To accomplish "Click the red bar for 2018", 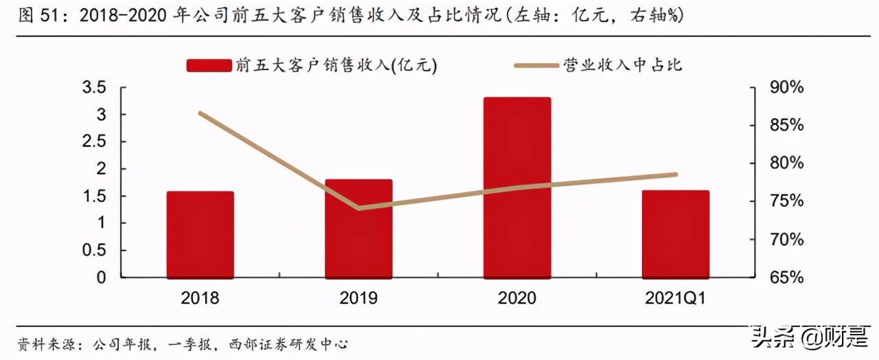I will [200, 234].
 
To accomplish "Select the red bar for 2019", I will [358, 229].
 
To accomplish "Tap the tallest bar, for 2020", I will [517, 188].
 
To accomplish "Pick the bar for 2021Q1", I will [676, 234].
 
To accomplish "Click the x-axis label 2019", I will [358, 298].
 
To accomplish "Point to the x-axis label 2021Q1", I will [676, 298].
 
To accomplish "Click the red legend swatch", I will [209, 65].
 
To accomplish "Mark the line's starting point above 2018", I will [200, 113].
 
